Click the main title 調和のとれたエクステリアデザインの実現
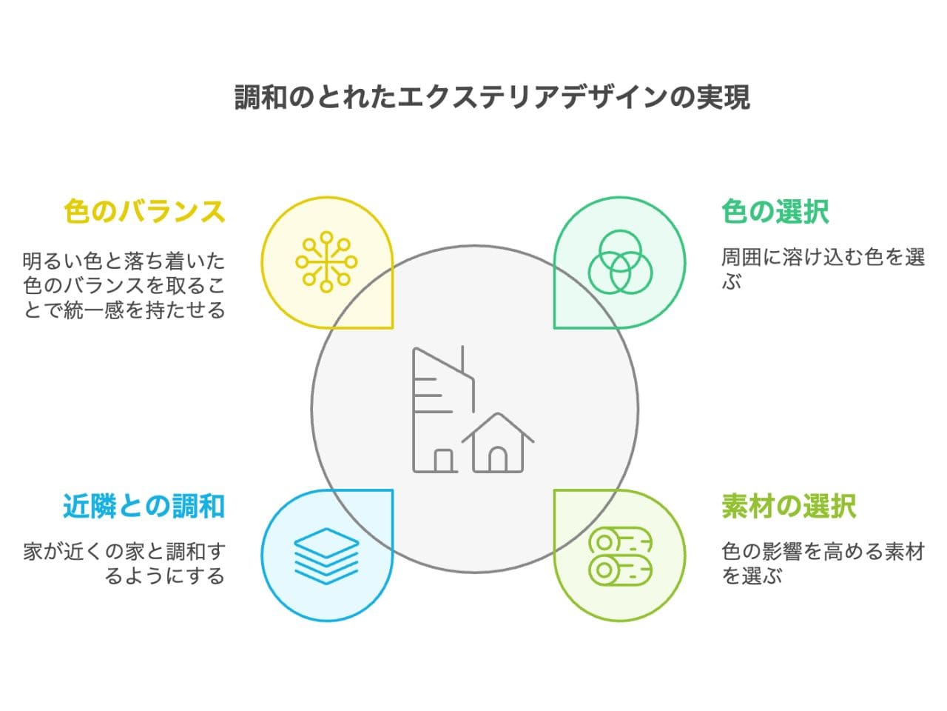click(493, 97)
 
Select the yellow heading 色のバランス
click(144, 212)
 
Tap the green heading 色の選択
click(775, 212)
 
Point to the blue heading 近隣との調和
click(144, 507)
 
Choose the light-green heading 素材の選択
click(789, 507)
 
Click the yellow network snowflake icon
click(326, 261)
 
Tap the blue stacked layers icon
click(326, 555)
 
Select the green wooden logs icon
click(620, 555)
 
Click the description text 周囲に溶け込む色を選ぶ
click(823, 269)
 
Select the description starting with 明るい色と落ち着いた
click(124, 285)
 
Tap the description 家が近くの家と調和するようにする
click(124, 563)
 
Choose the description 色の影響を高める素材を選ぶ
click(823, 563)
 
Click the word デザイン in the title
click(613, 97)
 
